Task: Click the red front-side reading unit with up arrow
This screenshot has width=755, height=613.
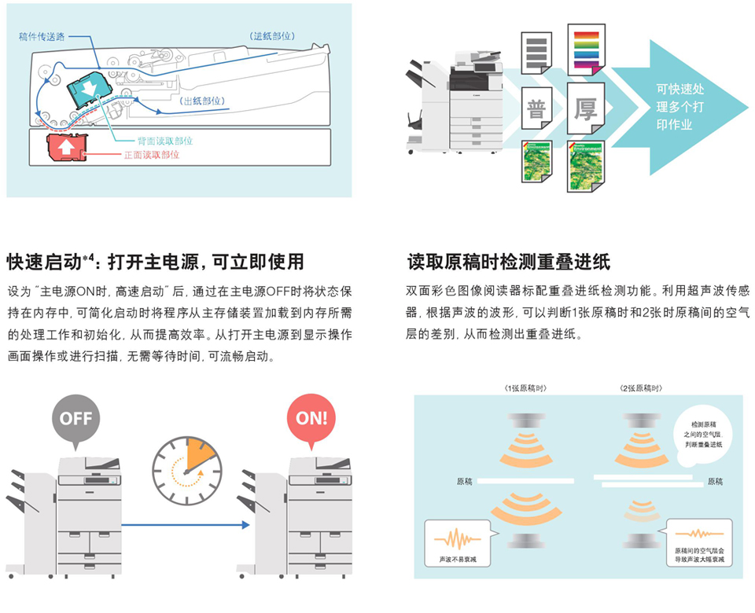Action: [x=67, y=146]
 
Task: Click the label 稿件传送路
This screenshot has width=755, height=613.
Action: [x=42, y=36]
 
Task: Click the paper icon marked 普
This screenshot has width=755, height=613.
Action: [x=537, y=109]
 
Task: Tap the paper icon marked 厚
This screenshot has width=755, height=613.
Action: [x=586, y=109]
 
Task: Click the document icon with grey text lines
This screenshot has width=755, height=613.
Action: [x=537, y=53]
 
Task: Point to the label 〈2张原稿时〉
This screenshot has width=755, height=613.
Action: [x=639, y=388]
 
